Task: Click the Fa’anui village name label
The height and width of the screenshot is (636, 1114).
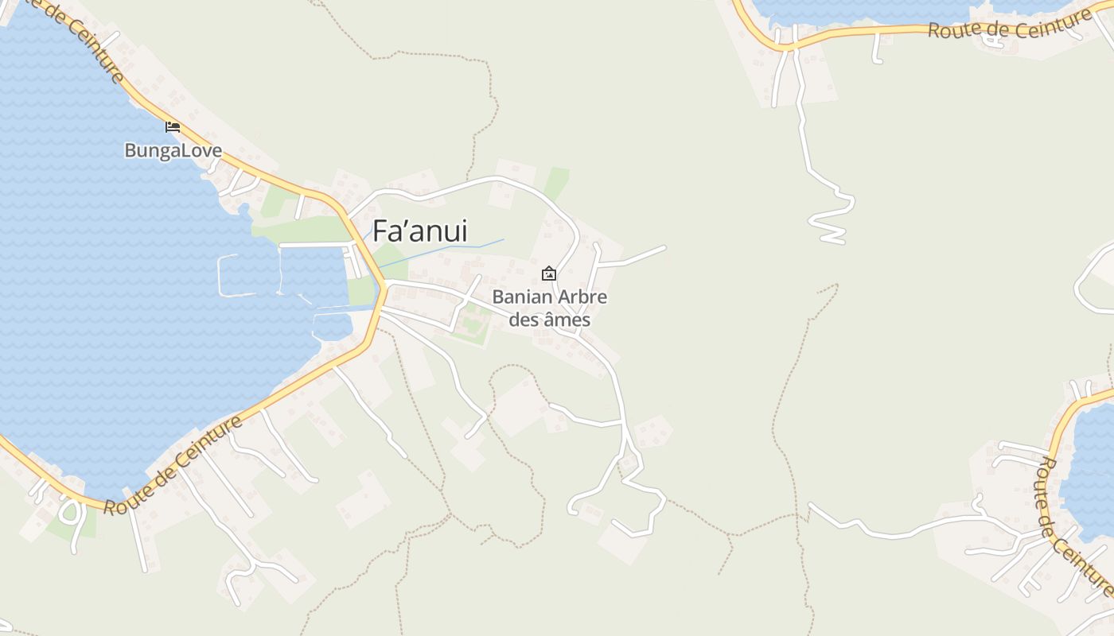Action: [x=420, y=231]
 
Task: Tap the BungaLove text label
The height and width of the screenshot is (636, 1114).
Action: [x=173, y=150]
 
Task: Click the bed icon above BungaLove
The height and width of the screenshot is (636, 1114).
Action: [x=173, y=126]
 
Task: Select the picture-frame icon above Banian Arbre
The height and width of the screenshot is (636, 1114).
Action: [x=549, y=274]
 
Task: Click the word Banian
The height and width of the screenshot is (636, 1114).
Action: [x=522, y=298]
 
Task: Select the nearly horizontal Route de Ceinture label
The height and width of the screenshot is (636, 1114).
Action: [x=1003, y=29]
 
